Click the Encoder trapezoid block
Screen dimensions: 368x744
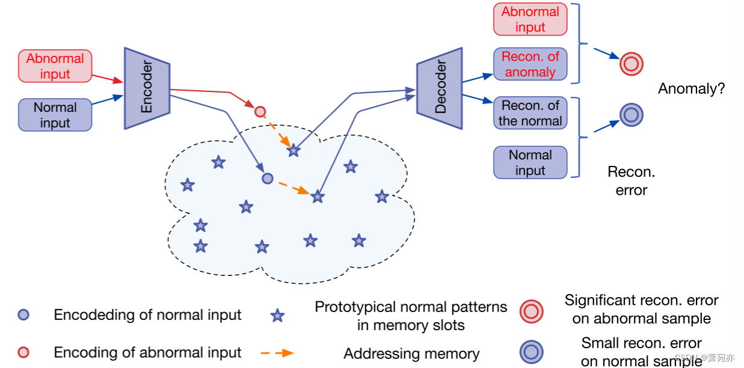coord(147,88)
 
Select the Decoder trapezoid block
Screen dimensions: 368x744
coord(440,88)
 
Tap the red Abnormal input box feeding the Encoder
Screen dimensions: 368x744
coord(55,66)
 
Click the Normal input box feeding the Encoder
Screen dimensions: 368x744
coord(55,115)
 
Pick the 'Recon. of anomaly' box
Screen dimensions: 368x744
coord(530,64)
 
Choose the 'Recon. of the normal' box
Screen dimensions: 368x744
coord(530,113)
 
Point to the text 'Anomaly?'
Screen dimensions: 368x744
coord(691,89)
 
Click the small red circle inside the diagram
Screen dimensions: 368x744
coord(260,111)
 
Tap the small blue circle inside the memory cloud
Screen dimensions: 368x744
coord(268,178)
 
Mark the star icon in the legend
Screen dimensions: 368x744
coord(277,316)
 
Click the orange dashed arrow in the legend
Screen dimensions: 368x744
coord(277,353)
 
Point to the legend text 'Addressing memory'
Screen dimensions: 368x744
coord(411,354)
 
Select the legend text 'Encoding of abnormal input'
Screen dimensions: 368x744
coord(147,352)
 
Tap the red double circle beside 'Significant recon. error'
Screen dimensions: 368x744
coord(531,311)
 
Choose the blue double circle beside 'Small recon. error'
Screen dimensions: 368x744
coord(531,352)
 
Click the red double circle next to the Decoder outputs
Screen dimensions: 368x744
coord(632,63)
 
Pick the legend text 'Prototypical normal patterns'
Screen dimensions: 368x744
coord(411,307)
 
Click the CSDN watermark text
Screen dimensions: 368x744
coord(704,358)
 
